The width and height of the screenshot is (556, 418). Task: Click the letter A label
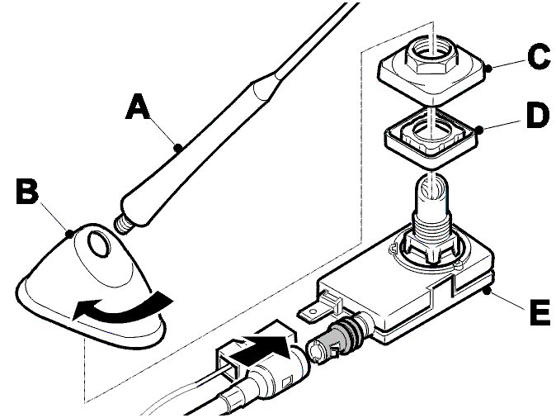tap(138, 106)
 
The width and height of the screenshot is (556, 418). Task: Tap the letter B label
tap(27, 192)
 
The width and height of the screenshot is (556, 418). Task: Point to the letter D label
tap(538, 116)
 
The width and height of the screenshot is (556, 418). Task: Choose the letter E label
tap(540, 312)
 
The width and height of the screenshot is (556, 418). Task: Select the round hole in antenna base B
tap(98, 243)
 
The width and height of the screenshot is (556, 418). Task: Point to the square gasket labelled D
tap(431, 138)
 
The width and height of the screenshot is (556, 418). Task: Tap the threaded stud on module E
tap(431, 216)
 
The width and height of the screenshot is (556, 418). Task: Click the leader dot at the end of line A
tap(179, 147)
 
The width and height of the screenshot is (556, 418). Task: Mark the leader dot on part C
tap(488, 69)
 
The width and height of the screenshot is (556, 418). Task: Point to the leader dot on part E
tap(488, 292)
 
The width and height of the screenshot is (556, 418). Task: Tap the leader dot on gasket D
tap(479, 131)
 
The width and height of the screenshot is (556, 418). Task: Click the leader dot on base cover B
tap(70, 233)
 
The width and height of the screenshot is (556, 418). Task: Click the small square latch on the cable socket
tap(286, 383)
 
